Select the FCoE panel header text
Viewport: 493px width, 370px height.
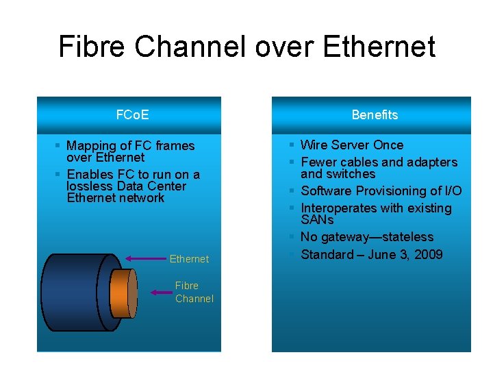[132, 114]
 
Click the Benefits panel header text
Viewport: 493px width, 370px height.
[375, 114]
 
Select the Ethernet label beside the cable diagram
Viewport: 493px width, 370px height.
[189, 259]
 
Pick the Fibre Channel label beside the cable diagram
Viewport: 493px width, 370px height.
[194, 292]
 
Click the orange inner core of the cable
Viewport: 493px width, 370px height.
[124, 292]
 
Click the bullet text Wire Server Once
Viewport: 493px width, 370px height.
[352, 145]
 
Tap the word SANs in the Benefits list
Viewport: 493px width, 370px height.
[317, 220]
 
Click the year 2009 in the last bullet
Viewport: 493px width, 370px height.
[428, 255]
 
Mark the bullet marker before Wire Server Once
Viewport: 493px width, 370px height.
[292, 145]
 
